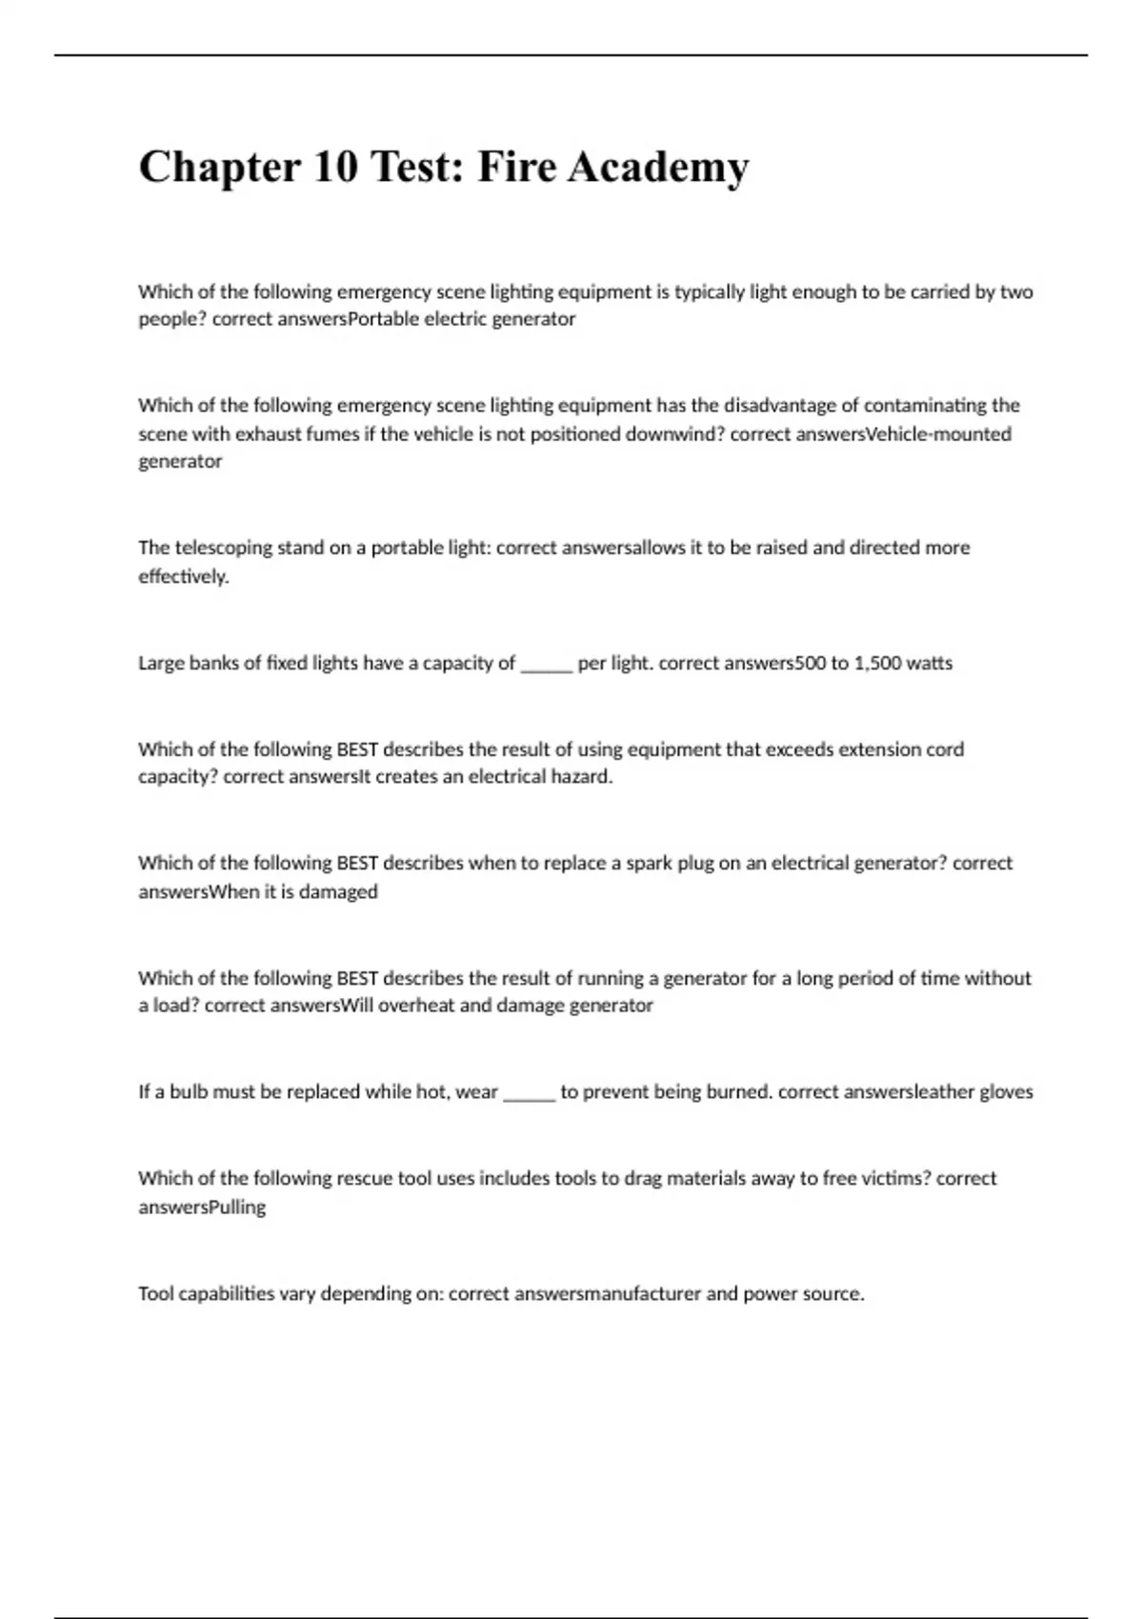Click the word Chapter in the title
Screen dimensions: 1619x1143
pos(219,168)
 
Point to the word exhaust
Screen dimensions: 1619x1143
pos(270,434)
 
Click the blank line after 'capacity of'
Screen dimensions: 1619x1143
pos(546,664)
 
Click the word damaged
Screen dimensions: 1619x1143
pos(338,892)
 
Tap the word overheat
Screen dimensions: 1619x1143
pos(416,1006)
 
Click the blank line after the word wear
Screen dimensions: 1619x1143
pos(529,1092)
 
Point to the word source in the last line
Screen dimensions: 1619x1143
pos(833,1294)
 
